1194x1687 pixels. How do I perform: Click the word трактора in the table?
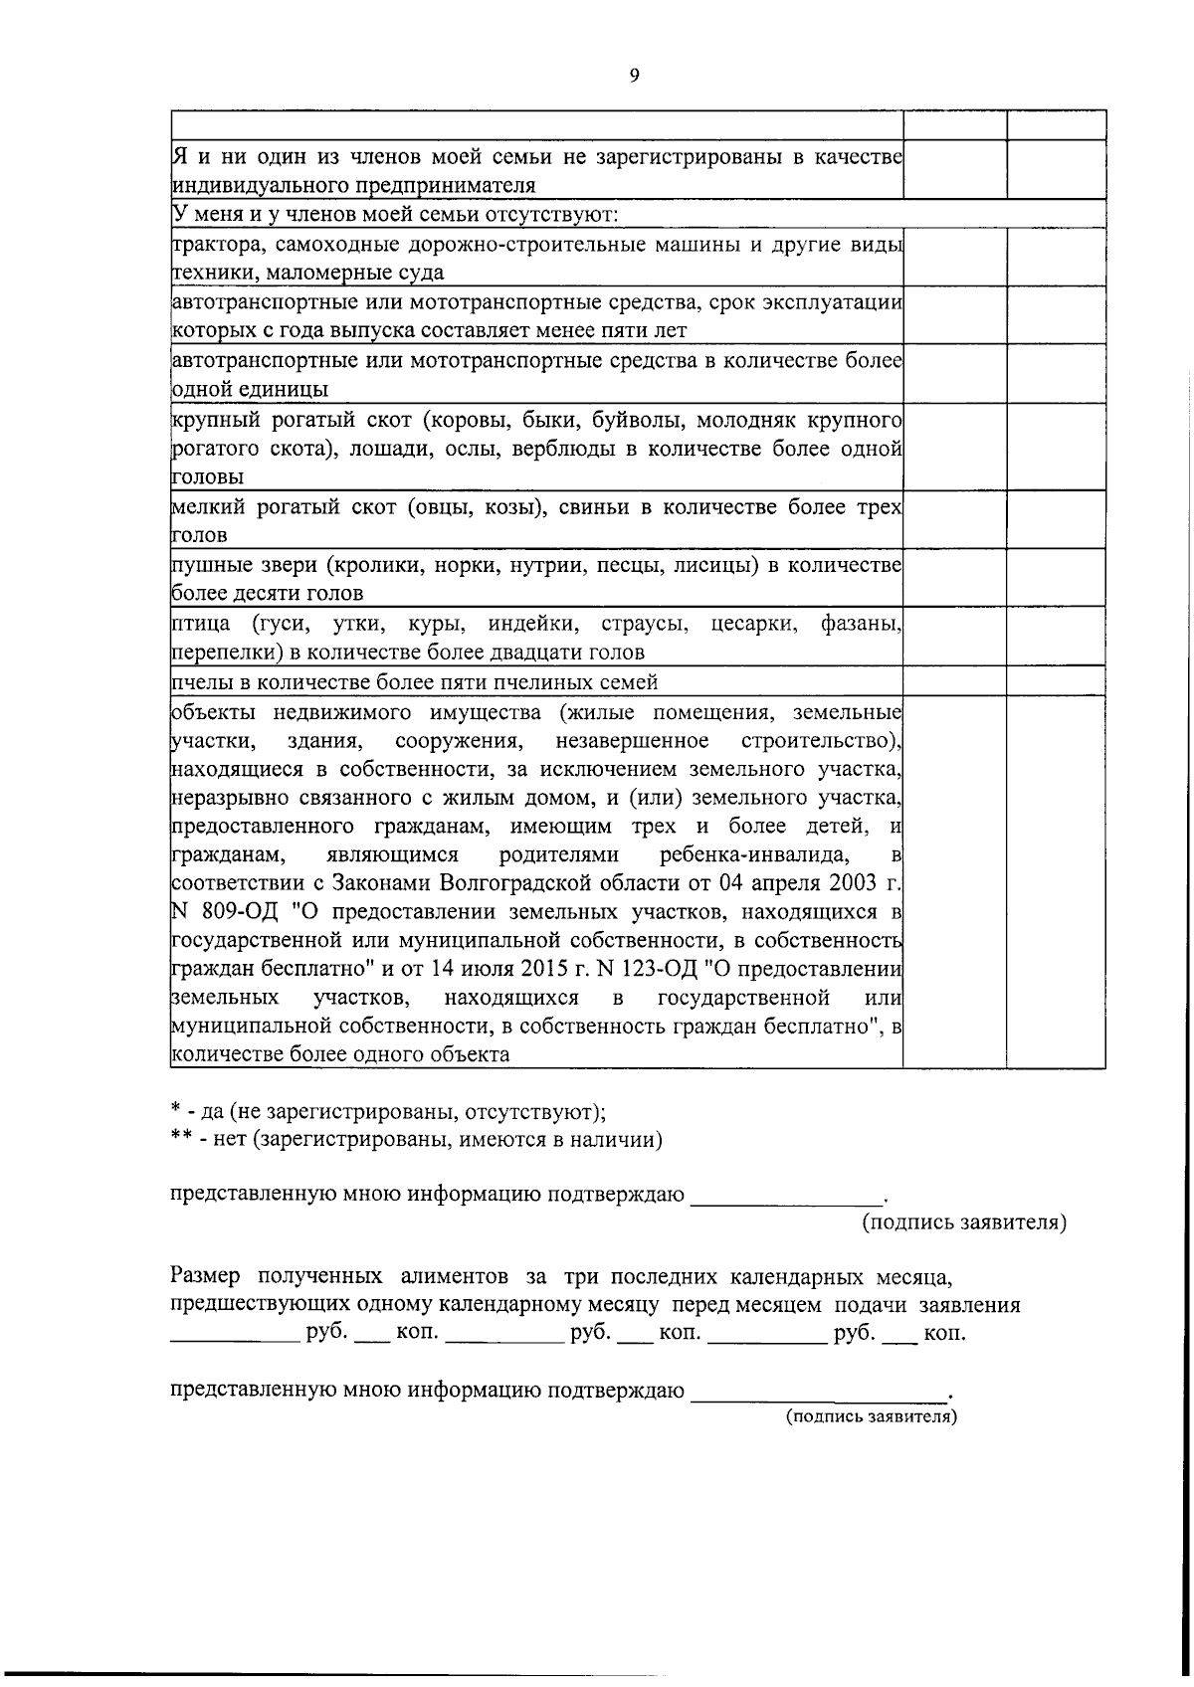pyautogui.click(x=215, y=245)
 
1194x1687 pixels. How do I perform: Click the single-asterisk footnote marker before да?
pyautogui.click(x=174, y=1112)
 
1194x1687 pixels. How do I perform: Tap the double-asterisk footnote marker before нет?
pyautogui.click(x=179, y=1140)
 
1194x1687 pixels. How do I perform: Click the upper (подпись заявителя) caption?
pyautogui.click(x=963, y=1222)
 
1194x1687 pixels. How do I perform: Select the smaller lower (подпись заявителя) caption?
pyautogui.click(x=871, y=1415)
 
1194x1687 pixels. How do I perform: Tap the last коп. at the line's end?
pyautogui.click(x=944, y=1334)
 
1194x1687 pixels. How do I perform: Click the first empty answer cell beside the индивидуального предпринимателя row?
pyautogui.click(x=954, y=170)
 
